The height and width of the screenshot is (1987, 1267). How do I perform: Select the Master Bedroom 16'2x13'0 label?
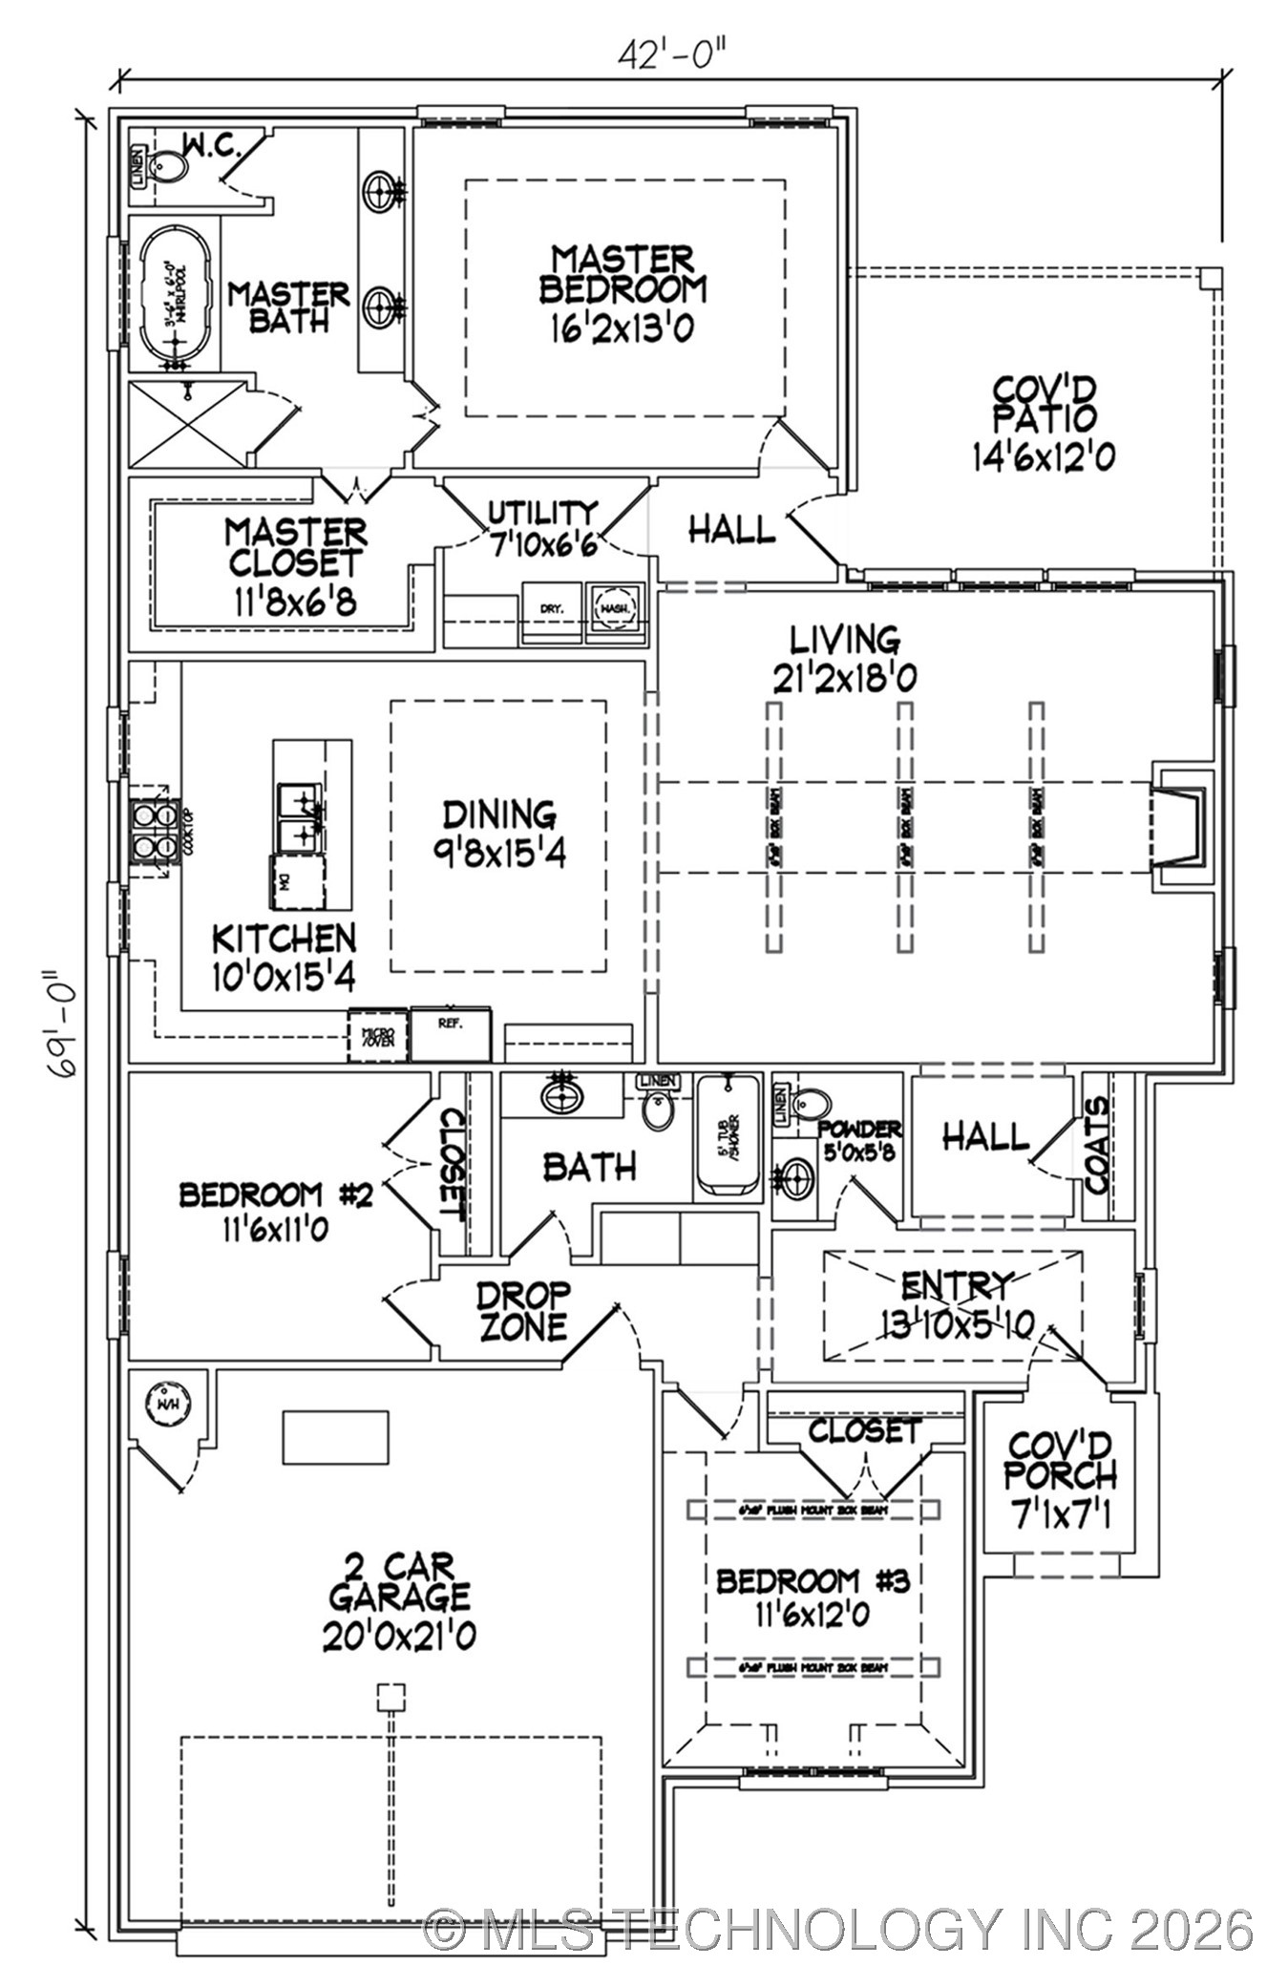click(623, 292)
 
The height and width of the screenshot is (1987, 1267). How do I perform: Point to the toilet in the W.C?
click(170, 168)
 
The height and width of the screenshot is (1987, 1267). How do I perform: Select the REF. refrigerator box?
click(451, 1033)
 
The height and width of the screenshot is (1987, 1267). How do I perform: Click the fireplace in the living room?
click(1180, 825)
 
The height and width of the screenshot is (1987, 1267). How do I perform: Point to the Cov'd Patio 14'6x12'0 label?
click(1043, 423)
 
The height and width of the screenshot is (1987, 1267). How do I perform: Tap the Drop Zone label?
click(522, 1312)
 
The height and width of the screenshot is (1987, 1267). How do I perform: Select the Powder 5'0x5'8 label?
click(859, 1140)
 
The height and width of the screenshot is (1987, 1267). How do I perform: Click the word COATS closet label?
click(1097, 1145)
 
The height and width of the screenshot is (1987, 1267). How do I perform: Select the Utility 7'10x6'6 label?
click(542, 529)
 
